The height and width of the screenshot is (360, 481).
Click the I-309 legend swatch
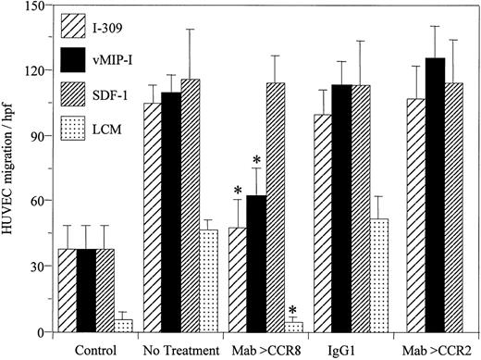[71, 23]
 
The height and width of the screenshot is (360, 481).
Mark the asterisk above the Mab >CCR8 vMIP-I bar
[256, 161]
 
